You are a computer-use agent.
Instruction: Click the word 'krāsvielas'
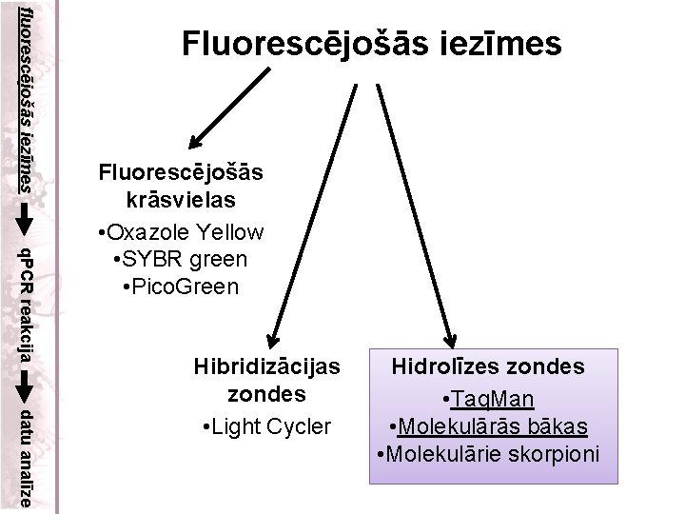[182, 202]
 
